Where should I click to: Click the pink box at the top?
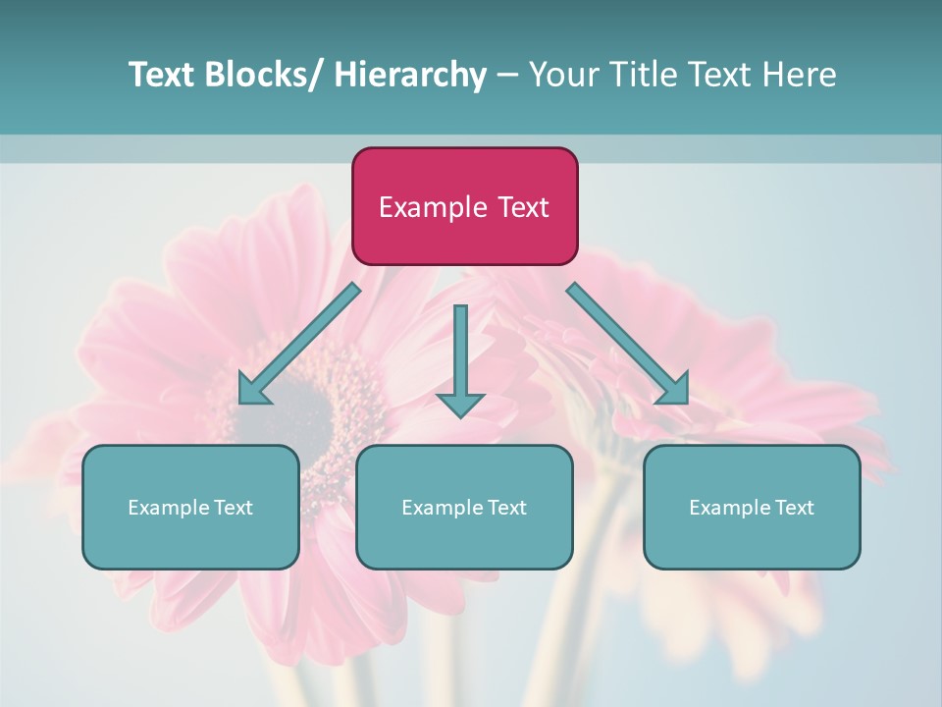tap(464, 206)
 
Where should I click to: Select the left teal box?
tap(190, 507)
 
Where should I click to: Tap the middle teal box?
tap(464, 507)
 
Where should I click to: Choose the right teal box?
tap(752, 507)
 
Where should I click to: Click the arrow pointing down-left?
tap(299, 343)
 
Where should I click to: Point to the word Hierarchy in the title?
tap(410, 75)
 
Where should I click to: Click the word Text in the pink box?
tap(523, 207)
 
